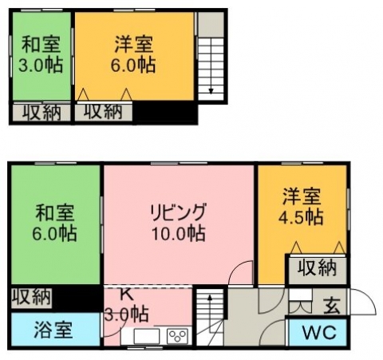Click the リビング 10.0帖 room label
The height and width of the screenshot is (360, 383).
click(178, 222)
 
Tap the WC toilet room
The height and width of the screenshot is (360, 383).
click(318, 332)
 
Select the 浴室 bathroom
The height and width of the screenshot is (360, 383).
click(55, 330)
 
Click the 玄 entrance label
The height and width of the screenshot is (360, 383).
click(332, 307)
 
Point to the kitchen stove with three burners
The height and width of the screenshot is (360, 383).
click(177, 336)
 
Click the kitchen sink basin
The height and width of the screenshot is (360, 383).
click(147, 336)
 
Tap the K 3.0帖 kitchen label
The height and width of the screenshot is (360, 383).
click(126, 305)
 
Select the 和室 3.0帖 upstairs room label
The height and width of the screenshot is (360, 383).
click(41, 54)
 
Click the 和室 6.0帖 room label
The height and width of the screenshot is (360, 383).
click(55, 222)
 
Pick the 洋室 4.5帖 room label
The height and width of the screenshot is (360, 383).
click(301, 206)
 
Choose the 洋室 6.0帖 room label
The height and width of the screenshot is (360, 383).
click(133, 54)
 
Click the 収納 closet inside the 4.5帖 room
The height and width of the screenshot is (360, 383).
click(317, 268)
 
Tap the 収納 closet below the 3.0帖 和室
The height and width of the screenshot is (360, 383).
click(41, 113)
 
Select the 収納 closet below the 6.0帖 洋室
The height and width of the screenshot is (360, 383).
click(103, 112)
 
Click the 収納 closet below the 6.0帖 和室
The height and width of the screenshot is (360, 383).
click(31, 297)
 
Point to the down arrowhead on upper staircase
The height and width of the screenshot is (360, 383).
click(211, 91)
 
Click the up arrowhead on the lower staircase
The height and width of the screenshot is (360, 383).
click(210, 297)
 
